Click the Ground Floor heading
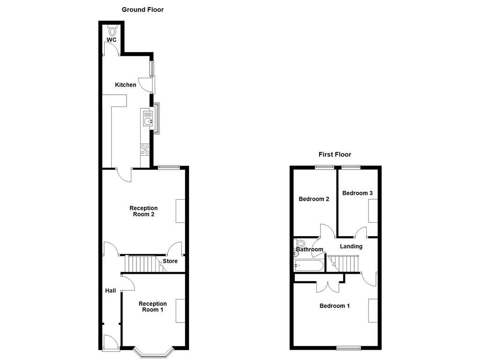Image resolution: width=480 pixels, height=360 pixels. (x=142, y=9)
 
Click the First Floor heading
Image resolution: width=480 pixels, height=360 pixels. (x=335, y=154)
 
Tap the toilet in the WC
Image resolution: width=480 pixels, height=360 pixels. (x=113, y=30)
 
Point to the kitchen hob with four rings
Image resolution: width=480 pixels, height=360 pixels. (x=145, y=150)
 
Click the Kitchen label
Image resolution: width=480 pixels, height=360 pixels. (x=126, y=85)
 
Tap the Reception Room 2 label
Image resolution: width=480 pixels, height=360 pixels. (x=143, y=211)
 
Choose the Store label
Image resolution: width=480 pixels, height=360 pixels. (x=170, y=261)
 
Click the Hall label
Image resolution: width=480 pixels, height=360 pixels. (x=111, y=291)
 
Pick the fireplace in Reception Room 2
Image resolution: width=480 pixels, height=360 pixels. (x=180, y=211)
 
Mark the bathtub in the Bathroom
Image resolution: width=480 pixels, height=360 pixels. (x=308, y=265)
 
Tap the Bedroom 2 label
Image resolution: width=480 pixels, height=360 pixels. (x=314, y=199)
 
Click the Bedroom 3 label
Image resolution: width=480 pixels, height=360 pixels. (x=357, y=193)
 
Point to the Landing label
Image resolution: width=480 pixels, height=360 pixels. (x=351, y=246)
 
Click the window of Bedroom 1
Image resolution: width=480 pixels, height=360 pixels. (x=349, y=348)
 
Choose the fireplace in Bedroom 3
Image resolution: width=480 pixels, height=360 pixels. (x=373, y=211)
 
